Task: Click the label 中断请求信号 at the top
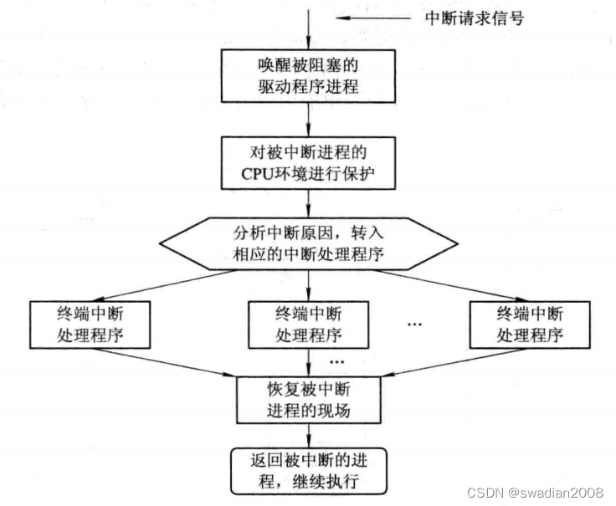475,18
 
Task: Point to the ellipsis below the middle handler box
336,362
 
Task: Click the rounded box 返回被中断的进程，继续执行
308,470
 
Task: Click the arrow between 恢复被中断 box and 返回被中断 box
309,436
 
